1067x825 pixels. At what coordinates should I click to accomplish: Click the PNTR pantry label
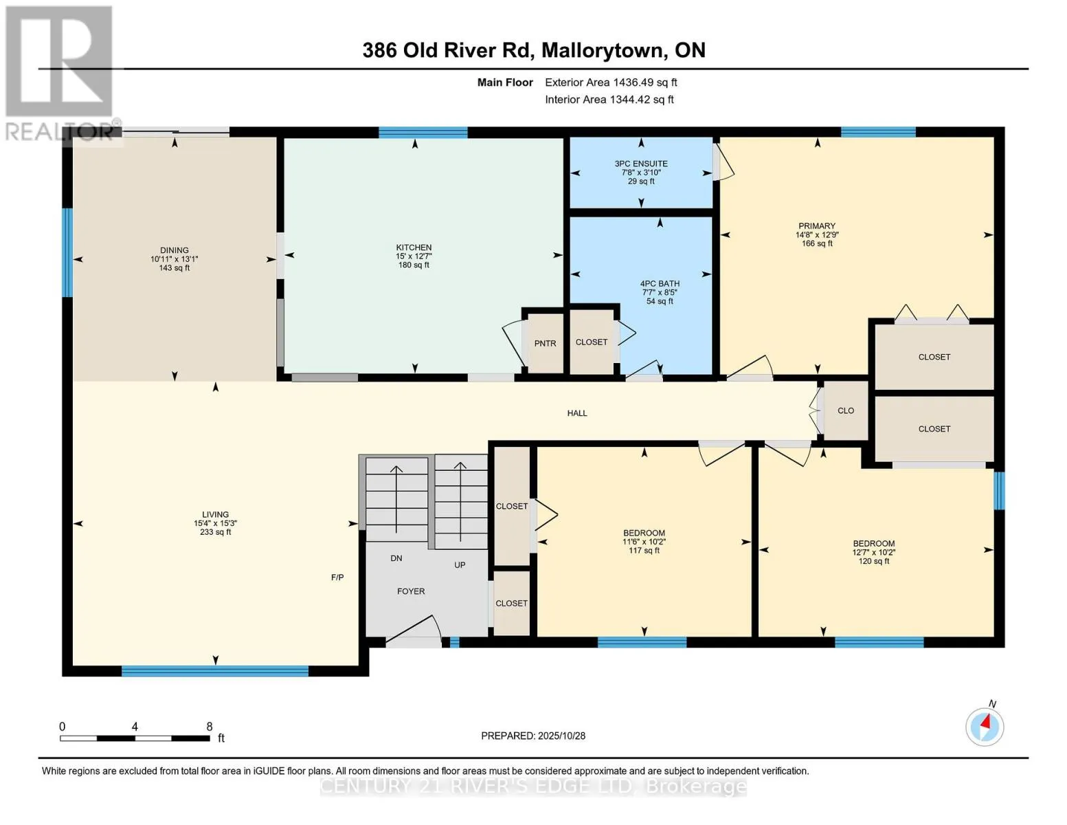point(545,344)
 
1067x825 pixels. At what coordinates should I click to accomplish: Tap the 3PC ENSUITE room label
point(641,164)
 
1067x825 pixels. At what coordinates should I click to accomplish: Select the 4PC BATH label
point(660,284)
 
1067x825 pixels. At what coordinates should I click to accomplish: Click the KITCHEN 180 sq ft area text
point(414,265)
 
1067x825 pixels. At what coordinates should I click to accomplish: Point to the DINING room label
point(175,251)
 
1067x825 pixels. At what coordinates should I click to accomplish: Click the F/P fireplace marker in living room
point(337,577)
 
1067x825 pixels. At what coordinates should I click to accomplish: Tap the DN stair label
point(396,558)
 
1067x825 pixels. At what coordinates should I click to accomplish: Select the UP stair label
point(460,565)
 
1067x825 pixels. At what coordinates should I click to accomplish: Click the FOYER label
point(411,591)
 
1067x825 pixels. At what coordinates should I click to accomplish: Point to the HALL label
point(577,413)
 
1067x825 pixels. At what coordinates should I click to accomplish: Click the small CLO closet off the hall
point(846,410)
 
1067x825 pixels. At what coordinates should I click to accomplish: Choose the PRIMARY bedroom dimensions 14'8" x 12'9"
point(817,235)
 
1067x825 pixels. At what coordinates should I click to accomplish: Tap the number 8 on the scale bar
point(210,727)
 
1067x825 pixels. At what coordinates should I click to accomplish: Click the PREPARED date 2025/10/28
point(533,736)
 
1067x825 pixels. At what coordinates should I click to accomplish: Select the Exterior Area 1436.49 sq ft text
point(611,82)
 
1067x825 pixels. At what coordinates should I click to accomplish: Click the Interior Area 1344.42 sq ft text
point(609,100)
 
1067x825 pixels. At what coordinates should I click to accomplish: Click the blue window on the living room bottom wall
point(215,671)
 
